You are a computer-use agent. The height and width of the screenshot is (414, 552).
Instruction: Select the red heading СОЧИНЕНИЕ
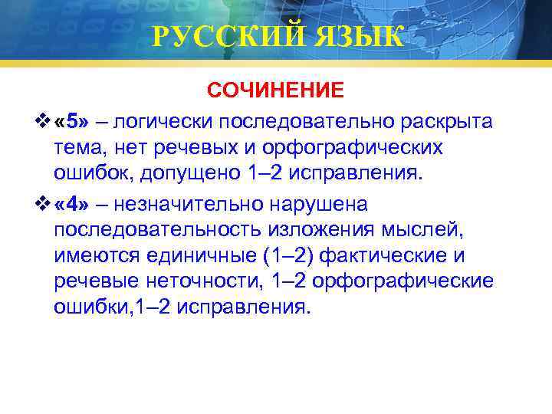point(276,91)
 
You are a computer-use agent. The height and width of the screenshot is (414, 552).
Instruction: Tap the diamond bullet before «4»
point(43,204)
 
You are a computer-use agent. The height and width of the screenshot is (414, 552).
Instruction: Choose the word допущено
point(191,172)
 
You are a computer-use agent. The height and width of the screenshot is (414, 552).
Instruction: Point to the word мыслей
point(426,230)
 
